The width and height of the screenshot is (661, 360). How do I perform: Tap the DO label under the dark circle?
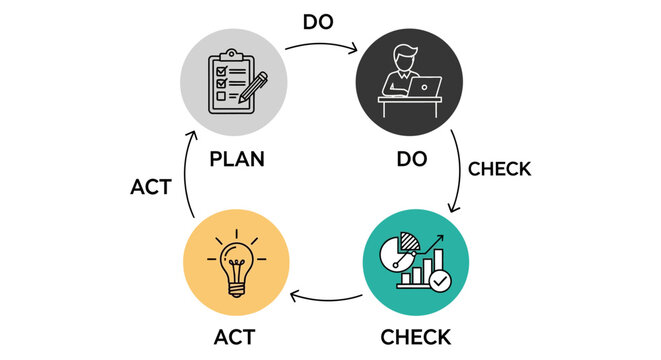[414, 159]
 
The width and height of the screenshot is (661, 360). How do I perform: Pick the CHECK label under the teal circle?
[415, 336]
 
